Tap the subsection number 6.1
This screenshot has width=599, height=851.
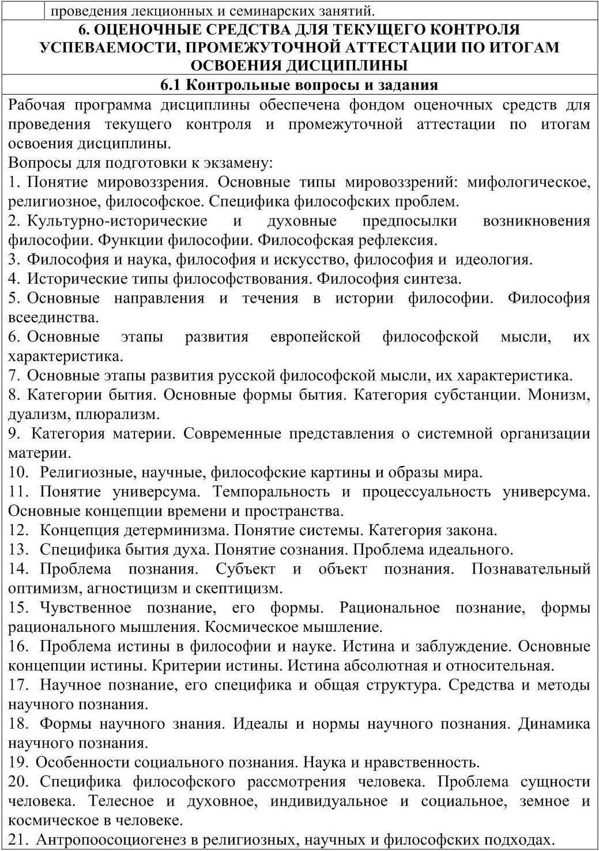coord(171,85)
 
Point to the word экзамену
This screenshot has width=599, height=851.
coord(235,163)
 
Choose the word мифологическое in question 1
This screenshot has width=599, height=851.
coord(528,182)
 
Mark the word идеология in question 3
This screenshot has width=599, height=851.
coord(493,259)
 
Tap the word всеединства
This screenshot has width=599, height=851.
coord(54,318)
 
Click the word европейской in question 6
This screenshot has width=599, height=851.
coord(315,337)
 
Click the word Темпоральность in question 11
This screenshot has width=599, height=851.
coord(272,492)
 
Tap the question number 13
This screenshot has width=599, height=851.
coord(18,550)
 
